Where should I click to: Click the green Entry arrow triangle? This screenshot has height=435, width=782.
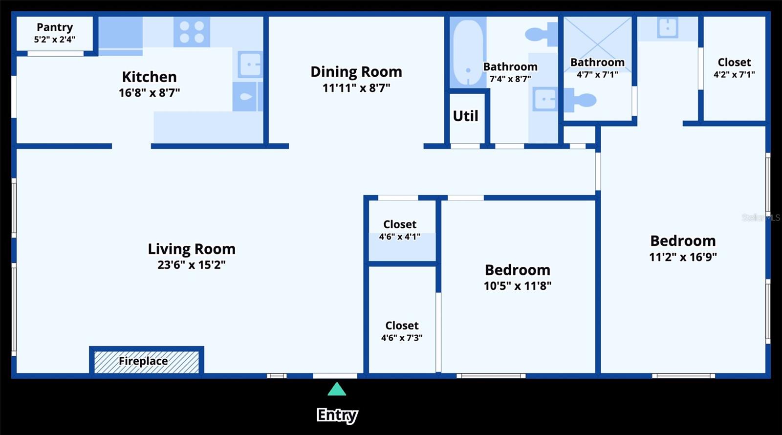337,390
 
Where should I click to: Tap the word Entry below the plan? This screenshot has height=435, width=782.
337,415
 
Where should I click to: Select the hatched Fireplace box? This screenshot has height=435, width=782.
146,362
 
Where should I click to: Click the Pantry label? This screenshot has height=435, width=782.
55,27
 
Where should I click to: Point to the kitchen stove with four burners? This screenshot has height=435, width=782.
192,32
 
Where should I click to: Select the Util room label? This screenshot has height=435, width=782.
465,116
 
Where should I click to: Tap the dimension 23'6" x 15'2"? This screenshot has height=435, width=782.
191,265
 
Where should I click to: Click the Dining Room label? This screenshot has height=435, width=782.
356,72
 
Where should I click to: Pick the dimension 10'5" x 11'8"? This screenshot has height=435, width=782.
518,286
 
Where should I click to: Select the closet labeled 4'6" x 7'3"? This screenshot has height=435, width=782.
402,331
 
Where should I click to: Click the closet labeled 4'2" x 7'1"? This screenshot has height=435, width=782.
734,67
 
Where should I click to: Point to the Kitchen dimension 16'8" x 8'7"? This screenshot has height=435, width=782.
149,92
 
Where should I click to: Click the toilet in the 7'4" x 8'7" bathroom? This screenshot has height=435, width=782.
541,34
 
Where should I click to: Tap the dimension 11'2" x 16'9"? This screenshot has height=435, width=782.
683,257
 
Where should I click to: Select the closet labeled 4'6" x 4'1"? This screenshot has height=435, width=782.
400,230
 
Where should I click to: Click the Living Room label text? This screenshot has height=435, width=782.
191,249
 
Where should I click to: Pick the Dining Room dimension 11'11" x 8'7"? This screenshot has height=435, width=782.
356,88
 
